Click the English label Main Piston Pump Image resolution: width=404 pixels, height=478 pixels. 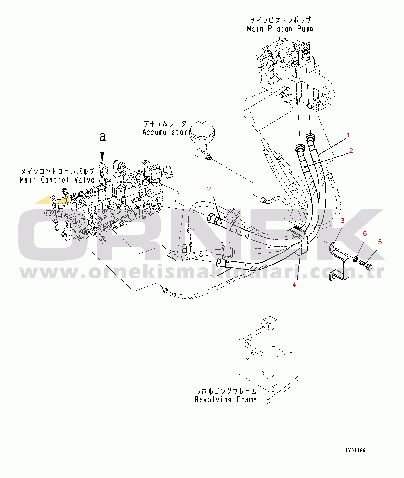[280, 29]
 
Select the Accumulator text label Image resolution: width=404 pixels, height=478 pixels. [164, 132]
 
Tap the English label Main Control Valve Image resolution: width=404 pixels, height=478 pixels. [57, 180]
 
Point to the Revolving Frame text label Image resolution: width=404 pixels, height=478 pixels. [226, 399]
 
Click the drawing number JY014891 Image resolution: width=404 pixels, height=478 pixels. [356, 450]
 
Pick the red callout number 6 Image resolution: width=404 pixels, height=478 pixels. [365, 234]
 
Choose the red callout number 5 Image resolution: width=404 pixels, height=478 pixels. [380, 242]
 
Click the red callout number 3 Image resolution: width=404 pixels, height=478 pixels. [342, 221]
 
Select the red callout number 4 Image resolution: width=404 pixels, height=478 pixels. [294, 285]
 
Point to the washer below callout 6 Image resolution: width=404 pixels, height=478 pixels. [355, 259]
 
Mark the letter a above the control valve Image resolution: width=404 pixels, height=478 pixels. [102, 136]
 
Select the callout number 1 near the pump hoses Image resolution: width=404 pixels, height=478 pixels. [348, 135]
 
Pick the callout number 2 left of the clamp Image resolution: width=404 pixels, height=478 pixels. [209, 189]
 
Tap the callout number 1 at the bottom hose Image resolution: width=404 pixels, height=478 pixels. [212, 277]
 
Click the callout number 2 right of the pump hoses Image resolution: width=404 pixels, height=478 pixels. [351, 151]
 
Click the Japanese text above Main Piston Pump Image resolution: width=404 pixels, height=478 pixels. [280, 20]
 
